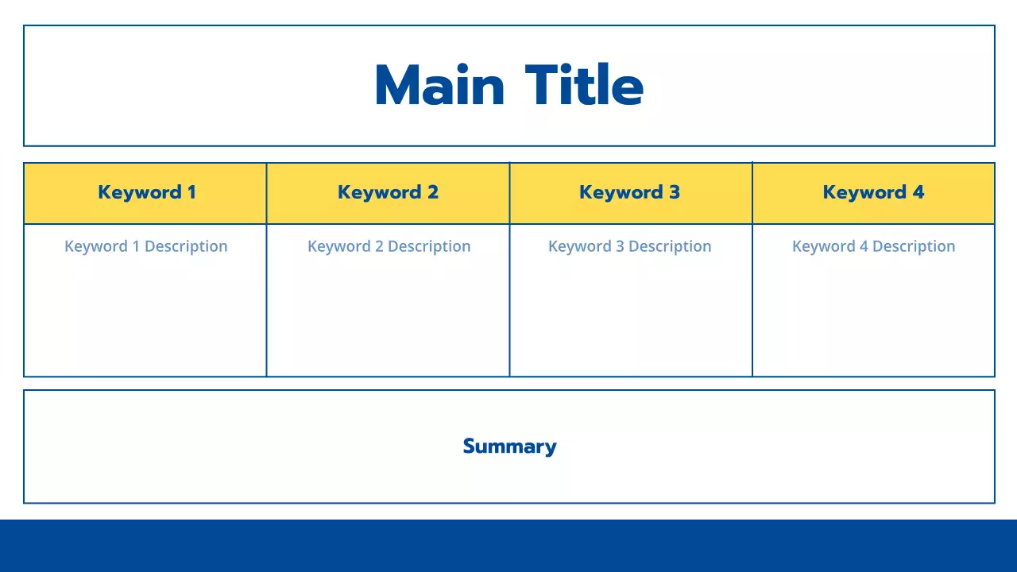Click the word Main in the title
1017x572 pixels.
click(439, 85)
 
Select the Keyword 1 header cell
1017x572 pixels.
click(146, 192)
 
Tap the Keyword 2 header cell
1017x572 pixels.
click(388, 192)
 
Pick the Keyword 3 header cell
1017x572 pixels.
click(629, 192)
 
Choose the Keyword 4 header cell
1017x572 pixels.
click(873, 192)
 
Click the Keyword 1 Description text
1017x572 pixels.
click(146, 246)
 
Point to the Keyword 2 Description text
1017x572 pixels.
click(389, 246)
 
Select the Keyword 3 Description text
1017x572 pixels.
click(629, 246)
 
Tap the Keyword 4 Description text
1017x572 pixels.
click(873, 246)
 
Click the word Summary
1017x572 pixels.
click(509, 446)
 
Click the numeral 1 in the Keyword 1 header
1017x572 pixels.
click(191, 192)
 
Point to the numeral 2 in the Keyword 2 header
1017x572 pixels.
click(433, 192)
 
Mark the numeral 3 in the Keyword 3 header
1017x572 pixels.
click(675, 192)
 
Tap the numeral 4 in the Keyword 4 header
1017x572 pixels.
click(918, 192)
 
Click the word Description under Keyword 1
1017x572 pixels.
click(186, 246)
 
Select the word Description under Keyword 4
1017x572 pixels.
click(914, 246)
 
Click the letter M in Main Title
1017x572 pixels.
click(398, 85)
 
